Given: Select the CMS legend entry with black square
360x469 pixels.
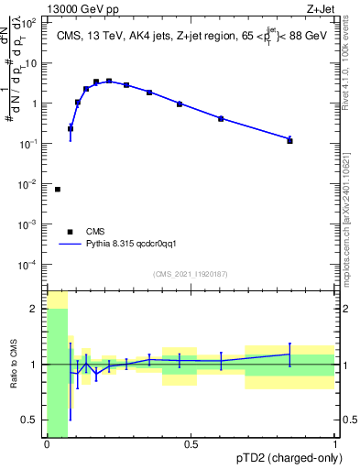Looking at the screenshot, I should pos(71,232).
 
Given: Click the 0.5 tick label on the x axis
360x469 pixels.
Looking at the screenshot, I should pos(191,445).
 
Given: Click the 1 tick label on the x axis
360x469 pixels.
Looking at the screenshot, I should pos(334,445).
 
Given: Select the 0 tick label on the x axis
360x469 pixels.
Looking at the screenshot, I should pos(47,445).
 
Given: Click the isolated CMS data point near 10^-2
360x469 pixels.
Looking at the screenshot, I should pos(58,190).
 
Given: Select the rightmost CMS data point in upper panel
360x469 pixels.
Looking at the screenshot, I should pos(289,141).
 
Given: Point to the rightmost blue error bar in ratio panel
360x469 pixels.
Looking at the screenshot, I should pos(289,354).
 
